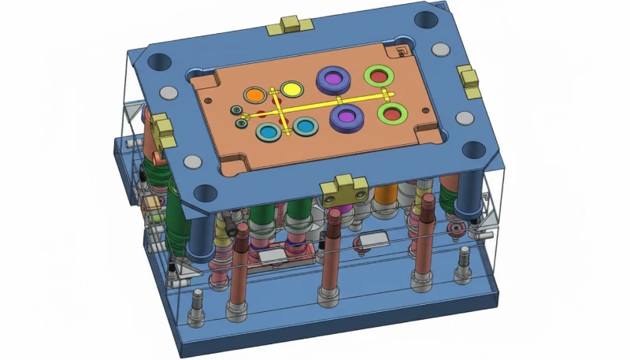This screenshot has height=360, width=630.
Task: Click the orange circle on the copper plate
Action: click(254, 95)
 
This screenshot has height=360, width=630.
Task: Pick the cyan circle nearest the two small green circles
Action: click(269, 132)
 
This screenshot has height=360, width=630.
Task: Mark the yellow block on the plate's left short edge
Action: click(164, 132)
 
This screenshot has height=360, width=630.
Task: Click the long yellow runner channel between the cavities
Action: click(331, 102)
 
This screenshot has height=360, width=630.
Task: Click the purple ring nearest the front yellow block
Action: click(344, 117)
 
